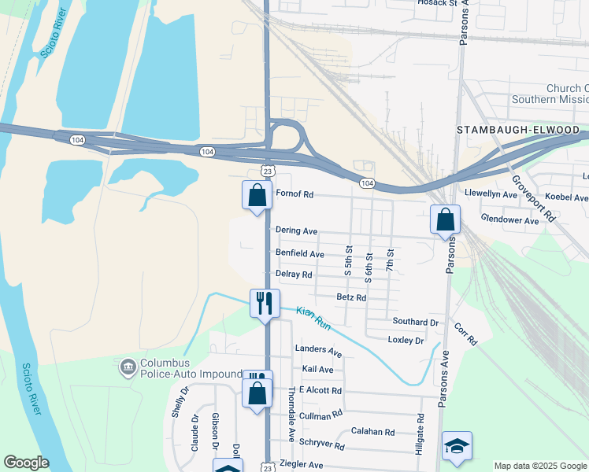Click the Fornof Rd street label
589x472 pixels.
point(294,194)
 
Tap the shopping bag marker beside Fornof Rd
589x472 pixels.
point(257,194)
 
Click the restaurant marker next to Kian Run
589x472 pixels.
point(265,302)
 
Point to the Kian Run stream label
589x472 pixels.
point(313,317)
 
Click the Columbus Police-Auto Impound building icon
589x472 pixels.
point(128,367)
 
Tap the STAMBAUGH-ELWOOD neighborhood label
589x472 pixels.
point(518,130)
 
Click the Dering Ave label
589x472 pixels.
point(297,231)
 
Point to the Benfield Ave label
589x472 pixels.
point(300,254)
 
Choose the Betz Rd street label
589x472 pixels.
point(351,297)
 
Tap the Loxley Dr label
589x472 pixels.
point(406,341)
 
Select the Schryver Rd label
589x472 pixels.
point(322,446)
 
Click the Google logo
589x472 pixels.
point(26,463)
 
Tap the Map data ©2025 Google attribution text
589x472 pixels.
point(539,466)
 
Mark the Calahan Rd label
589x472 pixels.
point(372,432)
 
